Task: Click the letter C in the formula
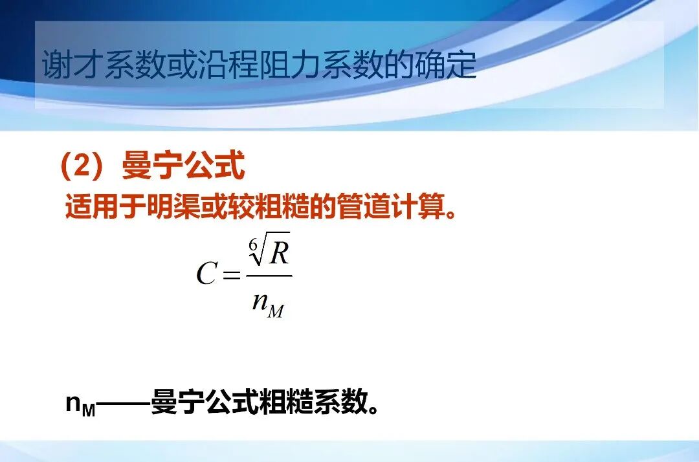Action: tap(206, 274)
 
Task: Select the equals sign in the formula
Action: tap(230, 275)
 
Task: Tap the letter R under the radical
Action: tap(279, 254)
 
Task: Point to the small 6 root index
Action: tap(253, 244)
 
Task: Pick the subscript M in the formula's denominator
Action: tap(275, 311)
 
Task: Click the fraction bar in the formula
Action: tap(269, 276)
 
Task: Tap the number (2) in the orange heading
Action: tap(82, 167)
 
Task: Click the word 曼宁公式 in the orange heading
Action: tap(184, 167)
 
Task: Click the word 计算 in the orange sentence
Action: tap(414, 208)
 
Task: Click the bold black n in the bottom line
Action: tap(73, 403)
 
